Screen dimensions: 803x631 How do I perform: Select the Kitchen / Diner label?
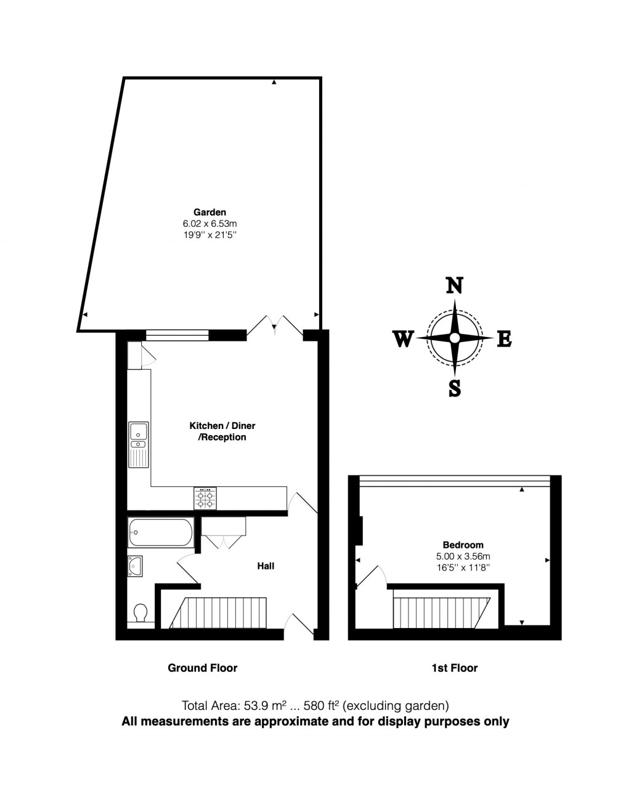click(x=222, y=426)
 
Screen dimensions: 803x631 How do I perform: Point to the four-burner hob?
click(x=205, y=498)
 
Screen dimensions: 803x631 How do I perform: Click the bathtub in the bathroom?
click(x=160, y=532)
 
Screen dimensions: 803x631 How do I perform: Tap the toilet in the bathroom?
click(x=140, y=613)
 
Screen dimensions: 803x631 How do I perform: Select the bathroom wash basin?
click(x=135, y=565)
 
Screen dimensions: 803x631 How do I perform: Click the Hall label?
click(x=266, y=566)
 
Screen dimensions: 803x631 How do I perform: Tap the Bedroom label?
click(x=463, y=545)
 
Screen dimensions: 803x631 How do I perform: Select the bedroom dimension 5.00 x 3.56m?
click(x=463, y=556)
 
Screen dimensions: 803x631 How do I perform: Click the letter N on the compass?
click(x=454, y=286)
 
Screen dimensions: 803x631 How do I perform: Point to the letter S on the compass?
click(x=454, y=389)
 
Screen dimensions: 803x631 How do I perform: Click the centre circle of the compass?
click(x=454, y=338)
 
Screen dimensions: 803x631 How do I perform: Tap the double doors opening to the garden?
click(x=275, y=325)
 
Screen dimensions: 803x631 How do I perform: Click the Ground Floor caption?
click(x=202, y=667)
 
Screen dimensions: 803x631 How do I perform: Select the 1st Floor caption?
click(x=454, y=667)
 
